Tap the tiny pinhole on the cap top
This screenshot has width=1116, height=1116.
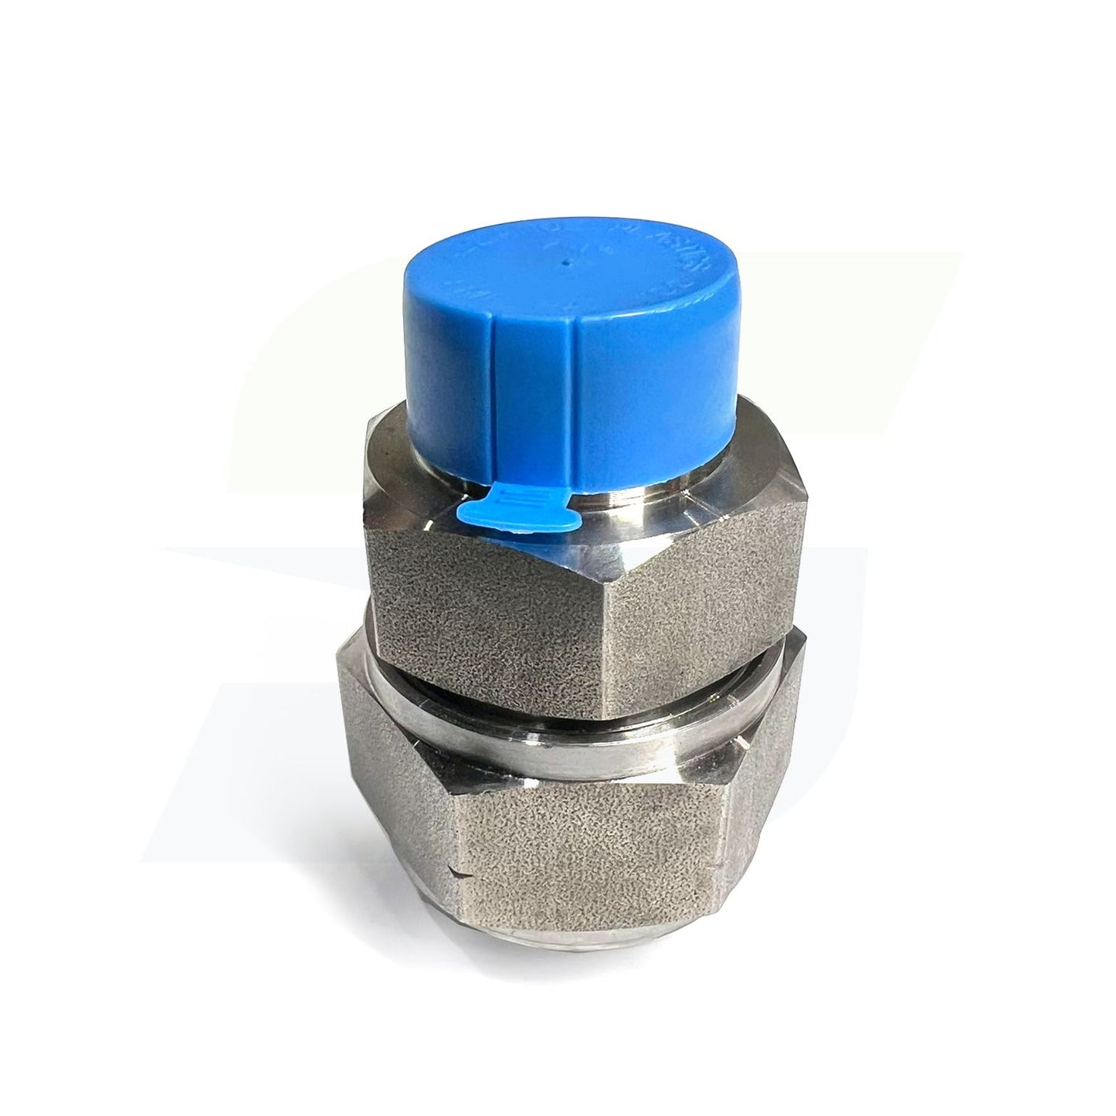tap(566, 262)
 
